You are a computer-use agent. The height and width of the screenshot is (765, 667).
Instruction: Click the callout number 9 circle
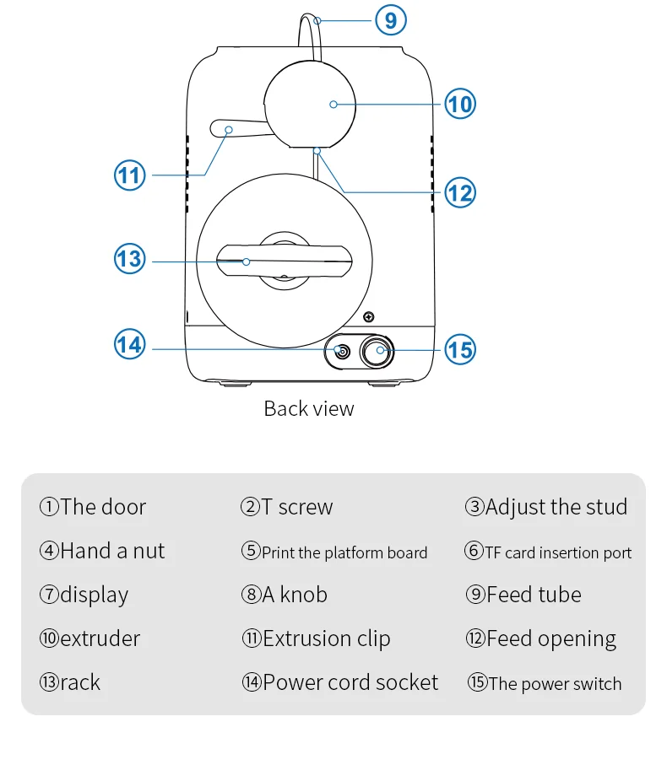pyautogui.click(x=390, y=19)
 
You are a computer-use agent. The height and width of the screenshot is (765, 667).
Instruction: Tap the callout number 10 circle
pyautogui.click(x=460, y=104)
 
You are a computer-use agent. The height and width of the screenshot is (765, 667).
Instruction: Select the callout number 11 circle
pyautogui.click(x=129, y=175)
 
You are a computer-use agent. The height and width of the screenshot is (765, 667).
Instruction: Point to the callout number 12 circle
pyautogui.click(x=460, y=193)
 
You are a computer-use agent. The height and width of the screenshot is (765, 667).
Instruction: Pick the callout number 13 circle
pyautogui.click(x=129, y=258)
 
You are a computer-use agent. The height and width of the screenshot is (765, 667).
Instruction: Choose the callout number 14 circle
pyautogui.click(x=129, y=344)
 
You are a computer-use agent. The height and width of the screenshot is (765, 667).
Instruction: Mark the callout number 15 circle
pyautogui.click(x=460, y=349)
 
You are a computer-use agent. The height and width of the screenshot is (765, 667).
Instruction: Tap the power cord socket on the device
pyautogui.click(x=341, y=350)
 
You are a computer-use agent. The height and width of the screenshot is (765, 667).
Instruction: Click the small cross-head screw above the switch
pyautogui.click(x=368, y=317)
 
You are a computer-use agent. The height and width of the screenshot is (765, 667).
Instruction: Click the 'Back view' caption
pyautogui.click(x=309, y=408)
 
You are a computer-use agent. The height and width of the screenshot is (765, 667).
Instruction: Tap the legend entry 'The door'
pyautogui.click(x=93, y=507)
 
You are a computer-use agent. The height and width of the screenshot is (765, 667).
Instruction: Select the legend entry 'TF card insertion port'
pyautogui.click(x=549, y=553)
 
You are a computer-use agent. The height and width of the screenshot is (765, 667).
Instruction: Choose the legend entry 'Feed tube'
pyautogui.click(x=524, y=595)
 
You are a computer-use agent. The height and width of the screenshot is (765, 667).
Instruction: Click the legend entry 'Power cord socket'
pyautogui.click(x=340, y=682)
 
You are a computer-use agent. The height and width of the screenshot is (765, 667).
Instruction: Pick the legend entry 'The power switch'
pyautogui.click(x=545, y=683)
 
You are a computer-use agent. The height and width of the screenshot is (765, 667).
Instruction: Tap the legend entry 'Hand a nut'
pyautogui.click(x=102, y=552)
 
